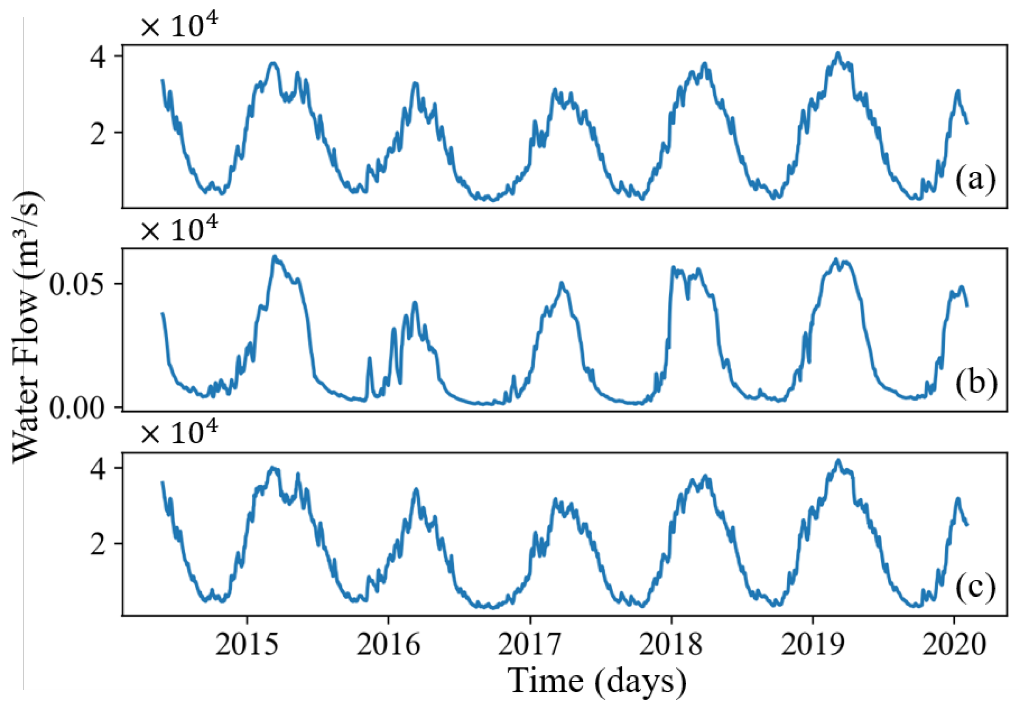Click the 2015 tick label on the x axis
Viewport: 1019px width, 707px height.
pos(247,644)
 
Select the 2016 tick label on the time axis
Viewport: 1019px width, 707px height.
pos(388,644)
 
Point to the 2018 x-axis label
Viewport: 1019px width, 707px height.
pos(671,644)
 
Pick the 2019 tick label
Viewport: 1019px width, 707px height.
pos(813,644)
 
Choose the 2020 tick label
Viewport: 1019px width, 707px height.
pos(954,644)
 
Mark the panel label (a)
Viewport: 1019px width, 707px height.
pos(975,179)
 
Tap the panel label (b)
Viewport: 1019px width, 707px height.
pos(976,383)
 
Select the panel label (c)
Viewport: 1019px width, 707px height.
pos(975,587)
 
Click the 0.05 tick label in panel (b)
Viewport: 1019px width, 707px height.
pos(77,284)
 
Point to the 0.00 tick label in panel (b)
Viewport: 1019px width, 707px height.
pos(77,408)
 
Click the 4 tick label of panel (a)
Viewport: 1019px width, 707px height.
pos(98,57)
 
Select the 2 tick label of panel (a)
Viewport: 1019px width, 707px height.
pos(98,134)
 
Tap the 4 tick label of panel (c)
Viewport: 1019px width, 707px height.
pos(98,468)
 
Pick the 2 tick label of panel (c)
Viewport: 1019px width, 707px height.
pos(98,544)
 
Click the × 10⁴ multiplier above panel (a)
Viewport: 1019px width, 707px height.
pos(179,26)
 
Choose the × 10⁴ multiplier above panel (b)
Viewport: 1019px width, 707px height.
pos(179,230)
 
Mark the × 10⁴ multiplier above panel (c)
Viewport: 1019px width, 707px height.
pos(179,433)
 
